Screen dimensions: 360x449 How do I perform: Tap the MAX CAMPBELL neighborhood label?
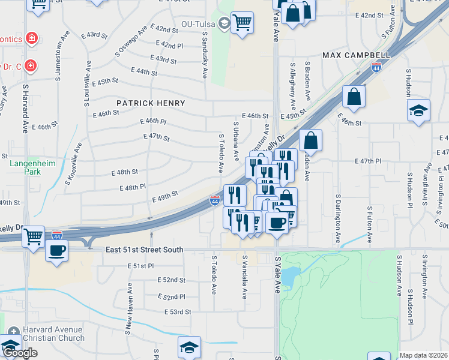[x=357, y=55]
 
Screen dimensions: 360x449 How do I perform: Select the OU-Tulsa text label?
[x=198, y=25]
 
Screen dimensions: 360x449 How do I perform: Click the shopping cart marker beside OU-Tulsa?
[x=242, y=23]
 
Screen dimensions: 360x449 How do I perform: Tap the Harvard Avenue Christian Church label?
[x=53, y=334]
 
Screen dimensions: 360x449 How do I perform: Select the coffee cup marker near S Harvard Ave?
[x=57, y=250]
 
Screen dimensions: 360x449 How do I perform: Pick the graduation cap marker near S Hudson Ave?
[x=418, y=111]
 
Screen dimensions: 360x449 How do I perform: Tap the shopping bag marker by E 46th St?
[x=354, y=96]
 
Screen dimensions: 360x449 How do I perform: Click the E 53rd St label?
[x=178, y=312]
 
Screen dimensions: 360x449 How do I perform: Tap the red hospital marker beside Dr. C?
[x=29, y=65]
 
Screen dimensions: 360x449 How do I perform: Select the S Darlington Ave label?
[x=339, y=218]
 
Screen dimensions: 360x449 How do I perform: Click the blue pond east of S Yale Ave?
[x=291, y=276]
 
